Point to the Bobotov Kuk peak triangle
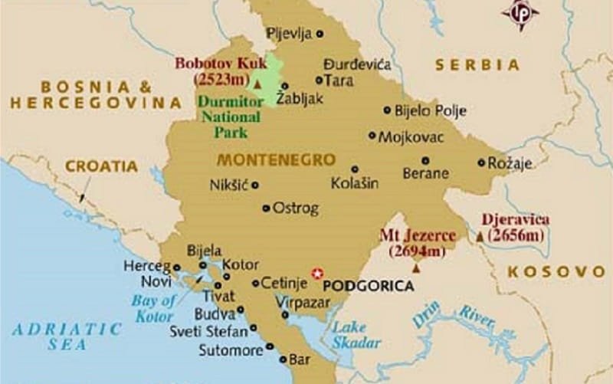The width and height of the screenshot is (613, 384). [258, 83]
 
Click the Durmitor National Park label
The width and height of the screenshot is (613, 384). [225, 117]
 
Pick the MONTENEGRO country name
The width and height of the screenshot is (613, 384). [277, 160]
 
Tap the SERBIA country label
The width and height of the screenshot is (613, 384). [473, 65]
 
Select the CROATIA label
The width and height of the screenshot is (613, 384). [101, 166]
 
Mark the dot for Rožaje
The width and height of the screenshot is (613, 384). [480, 162]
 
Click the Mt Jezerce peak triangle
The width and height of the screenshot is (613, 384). [417, 268]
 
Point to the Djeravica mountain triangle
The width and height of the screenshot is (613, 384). [480, 238]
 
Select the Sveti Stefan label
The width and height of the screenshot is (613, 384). [208, 331]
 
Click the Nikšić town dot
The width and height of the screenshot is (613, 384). [254, 185]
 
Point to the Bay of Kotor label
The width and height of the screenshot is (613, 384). [153, 307]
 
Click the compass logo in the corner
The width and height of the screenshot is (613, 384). [520, 14]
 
